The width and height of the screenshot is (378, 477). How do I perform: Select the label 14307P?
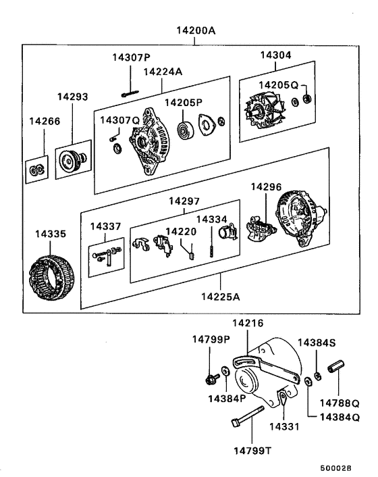tap(132, 57)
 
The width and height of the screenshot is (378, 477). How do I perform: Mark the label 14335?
tap(51, 235)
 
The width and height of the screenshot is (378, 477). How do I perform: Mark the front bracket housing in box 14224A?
tap(148, 142)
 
